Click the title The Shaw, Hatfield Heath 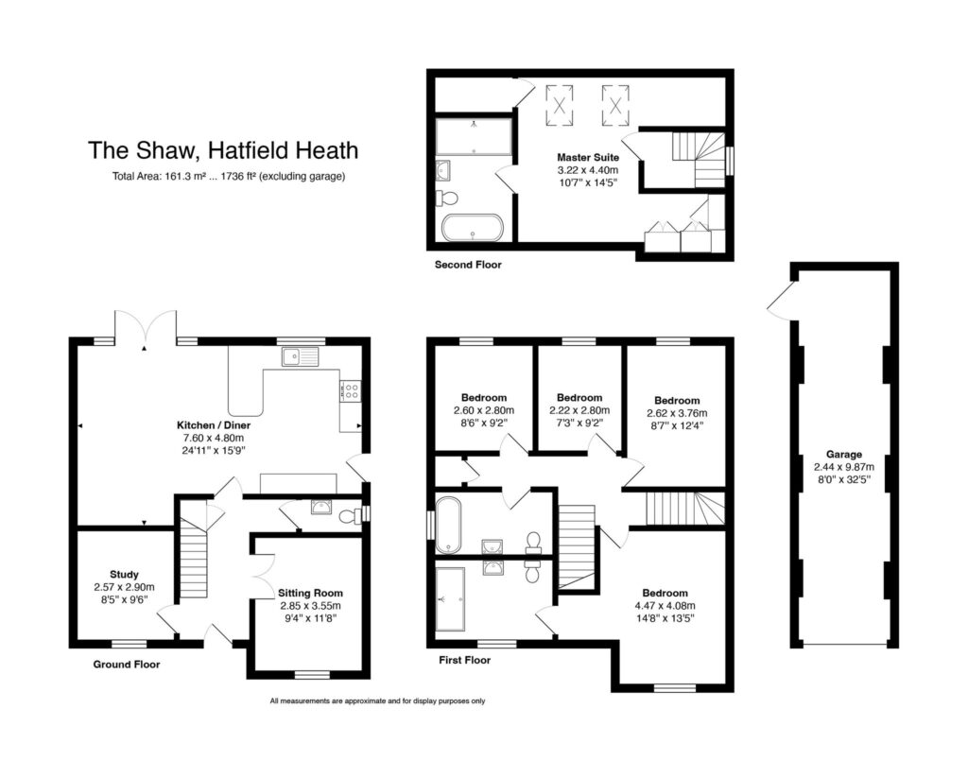pyautogui.click(x=223, y=150)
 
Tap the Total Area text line pyautogui.click(x=229, y=177)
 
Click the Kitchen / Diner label pyautogui.click(x=214, y=424)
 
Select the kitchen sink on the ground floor pyautogui.click(x=300, y=357)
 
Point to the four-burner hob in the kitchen pyautogui.click(x=350, y=390)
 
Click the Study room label pyautogui.click(x=124, y=574)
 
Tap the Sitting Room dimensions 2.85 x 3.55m pyautogui.click(x=310, y=606)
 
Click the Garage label pyautogui.click(x=844, y=455)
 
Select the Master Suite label pyautogui.click(x=588, y=158)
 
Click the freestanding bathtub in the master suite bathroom pyautogui.click(x=473, y=228)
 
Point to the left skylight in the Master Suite pyautogui.click(x=560, y=106)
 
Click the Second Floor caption pyautogui.click(x=468, y=265)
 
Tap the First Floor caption pyautogui.click(x=465, y=660)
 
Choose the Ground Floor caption pyautogui.click(x=127, y=665)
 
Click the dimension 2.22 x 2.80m pyautogui.click(x=579, y=410)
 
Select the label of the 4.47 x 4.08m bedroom pyautogui.click(x=665, y=593)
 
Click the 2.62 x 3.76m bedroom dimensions pyautogui.click(x=677, y=413)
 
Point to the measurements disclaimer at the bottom pyautogui.click(x=377, y=700)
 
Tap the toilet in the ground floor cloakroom pyautogui.click(x=350, y=514)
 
